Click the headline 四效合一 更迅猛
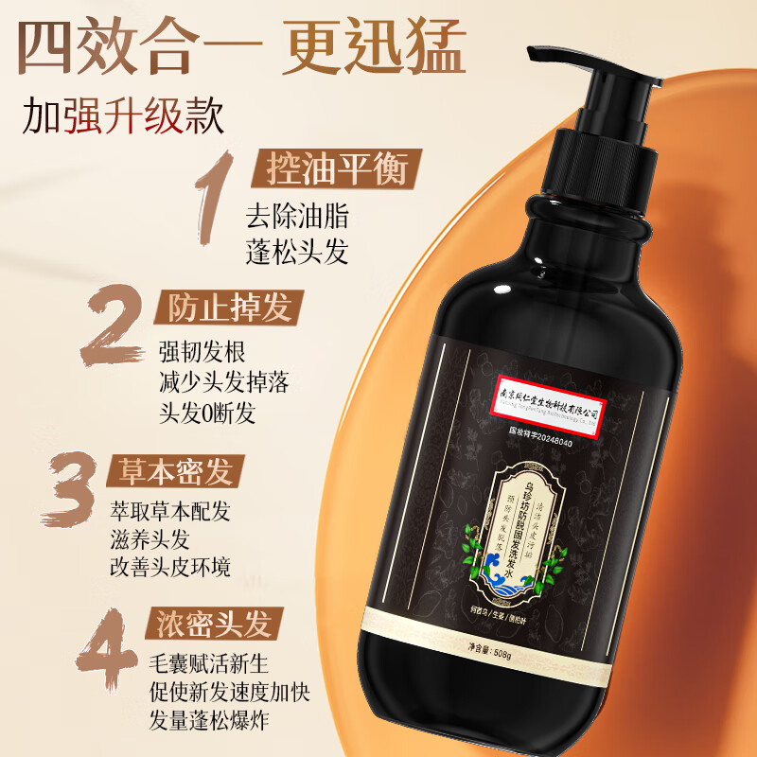[x=244, y=46]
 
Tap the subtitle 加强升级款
[x=124, y=120]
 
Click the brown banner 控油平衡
[x=330, y=170]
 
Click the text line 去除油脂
[x=296, y=215]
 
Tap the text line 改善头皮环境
[x=169, y=567]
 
